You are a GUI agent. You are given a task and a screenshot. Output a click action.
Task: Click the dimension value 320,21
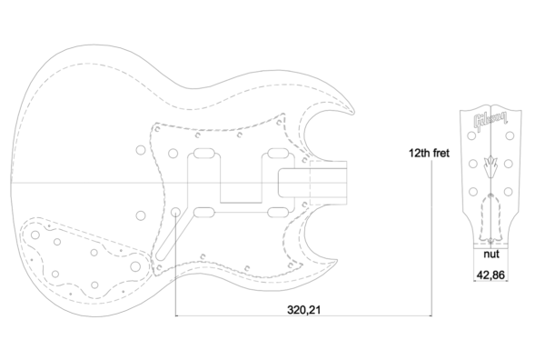click(x=303, y=309)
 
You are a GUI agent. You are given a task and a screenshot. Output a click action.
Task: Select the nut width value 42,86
click(x=490, y=275)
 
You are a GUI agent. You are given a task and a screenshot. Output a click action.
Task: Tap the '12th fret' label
click(x=429, y=153)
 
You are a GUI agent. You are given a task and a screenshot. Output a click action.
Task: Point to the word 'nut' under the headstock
click(x=491, y=254)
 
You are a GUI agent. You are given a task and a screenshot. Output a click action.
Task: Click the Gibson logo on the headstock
click(x=490, y=121)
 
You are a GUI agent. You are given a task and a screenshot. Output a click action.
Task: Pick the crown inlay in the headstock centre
click(x=490, y=166)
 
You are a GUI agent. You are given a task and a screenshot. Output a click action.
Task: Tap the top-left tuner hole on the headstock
click(x=471, y=135)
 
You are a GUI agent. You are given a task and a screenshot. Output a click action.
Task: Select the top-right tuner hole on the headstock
click(x=510, y=135)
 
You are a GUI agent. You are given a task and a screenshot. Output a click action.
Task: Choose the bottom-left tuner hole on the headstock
click(x=473, y=191)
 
